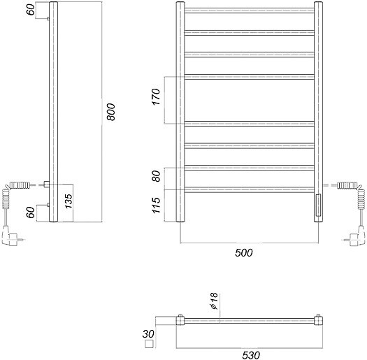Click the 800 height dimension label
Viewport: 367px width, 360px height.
pyautogui.click(x=111, y=112)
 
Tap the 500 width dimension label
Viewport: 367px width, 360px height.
pyautogui.click(x=244, y=253)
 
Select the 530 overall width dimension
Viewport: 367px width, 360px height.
pyautogui.click(x=251, y=355)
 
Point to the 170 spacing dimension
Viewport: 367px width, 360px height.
pyautogui.click(x=156, y=97)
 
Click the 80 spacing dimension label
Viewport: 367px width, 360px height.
pyautogui.click(x=156, y=176)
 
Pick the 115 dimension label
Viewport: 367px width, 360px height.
pyautogui.click(x=156, y=206)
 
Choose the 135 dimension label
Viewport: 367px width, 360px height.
pyautogui.click(x=69, y=201)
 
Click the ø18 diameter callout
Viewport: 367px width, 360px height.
pyautogui.click(x=214, y=301)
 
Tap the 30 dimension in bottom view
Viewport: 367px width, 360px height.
pyautogui.click(x=148, y=334)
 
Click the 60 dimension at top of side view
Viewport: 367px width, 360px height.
pyautogui.click(x=31, y=10)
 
